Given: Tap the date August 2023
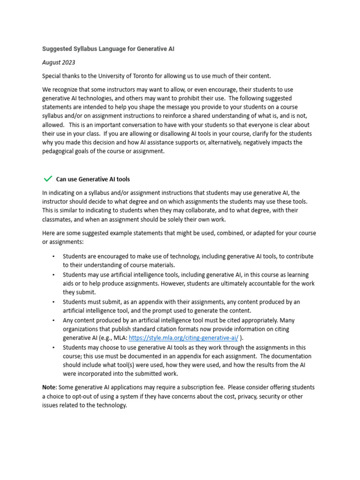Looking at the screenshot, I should click(x=59, y=62).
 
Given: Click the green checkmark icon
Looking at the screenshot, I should click(x=47, y=179).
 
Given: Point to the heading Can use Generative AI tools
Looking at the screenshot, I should click(x=93, y=179).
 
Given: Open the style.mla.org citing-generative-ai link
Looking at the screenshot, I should click(x=183, y=338).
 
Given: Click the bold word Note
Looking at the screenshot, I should click(x=49, y=387).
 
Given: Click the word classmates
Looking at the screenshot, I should click(x=58, y=219).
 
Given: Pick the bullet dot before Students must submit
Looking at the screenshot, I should click(x=54, y=302).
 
